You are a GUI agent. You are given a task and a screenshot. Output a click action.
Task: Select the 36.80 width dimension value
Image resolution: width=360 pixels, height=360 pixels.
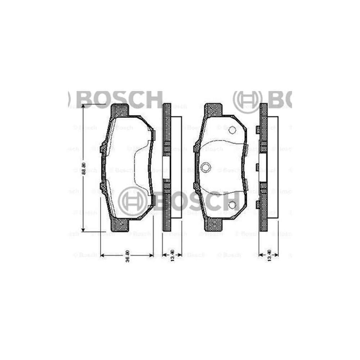128,256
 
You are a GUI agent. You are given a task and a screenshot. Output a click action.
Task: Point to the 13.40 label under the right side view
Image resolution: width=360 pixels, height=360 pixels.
269,256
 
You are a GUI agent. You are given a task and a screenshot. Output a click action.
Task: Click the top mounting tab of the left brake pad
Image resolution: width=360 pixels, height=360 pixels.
119,110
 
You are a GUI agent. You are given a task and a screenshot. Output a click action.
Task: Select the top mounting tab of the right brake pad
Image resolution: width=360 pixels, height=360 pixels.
213,110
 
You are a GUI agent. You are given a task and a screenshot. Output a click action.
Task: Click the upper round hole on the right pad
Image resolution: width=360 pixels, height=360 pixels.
232,130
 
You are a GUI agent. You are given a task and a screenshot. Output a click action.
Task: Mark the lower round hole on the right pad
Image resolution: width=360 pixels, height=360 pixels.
232,205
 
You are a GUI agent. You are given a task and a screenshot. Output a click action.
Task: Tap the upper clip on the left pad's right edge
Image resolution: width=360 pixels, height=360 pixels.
153,133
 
